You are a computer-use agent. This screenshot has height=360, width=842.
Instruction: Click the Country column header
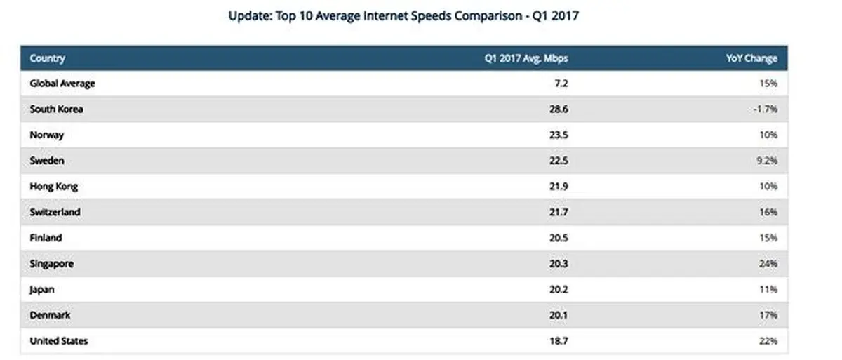[x=47, y=59]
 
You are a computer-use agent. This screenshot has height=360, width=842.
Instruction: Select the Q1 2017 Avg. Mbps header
[x=526, y=59]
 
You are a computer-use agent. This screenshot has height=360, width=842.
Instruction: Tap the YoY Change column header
[x=751, y=59]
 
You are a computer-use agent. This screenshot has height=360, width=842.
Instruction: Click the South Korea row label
[x=56, y=109]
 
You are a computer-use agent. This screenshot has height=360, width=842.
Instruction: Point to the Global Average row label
[x=62, y=84]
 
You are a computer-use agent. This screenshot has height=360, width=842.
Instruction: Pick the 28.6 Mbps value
[x=559, y=109]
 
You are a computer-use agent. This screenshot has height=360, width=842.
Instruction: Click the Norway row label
[x=46, y=135]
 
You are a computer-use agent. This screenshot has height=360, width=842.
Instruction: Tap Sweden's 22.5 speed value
[x=559, y=161]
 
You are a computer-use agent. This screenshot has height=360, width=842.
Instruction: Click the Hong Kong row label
[x=53, y=187]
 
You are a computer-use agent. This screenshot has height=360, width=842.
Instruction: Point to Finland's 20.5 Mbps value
[x=559, y=238]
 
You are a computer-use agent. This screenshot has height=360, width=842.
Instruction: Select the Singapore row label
[x=52, y=264]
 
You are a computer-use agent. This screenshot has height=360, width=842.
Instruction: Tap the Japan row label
[x=42, y=290]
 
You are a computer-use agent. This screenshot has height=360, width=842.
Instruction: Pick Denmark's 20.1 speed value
[x=559, y=315]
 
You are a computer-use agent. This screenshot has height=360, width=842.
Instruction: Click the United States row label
[x=58, y=341]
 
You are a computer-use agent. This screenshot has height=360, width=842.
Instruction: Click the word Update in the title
[x=246, y=15]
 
